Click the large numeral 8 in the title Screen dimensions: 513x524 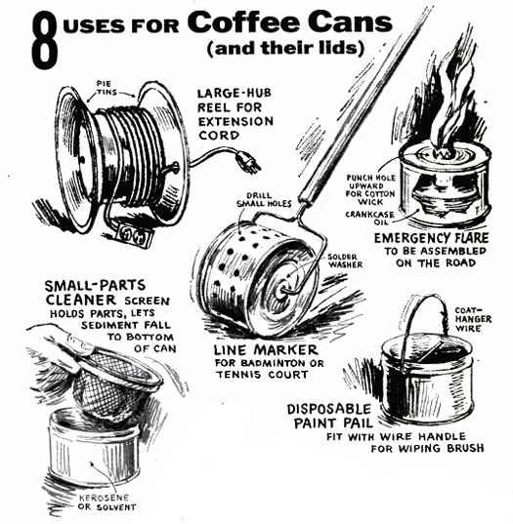coord(45,40)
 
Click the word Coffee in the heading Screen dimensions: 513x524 coord(244,22)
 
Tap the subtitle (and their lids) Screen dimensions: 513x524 coord(285,48)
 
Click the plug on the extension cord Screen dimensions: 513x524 coord(249,162)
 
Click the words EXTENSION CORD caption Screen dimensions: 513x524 coord(235,129)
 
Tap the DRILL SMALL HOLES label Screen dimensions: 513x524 coord(264,199)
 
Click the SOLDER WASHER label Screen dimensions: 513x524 coord(345,261)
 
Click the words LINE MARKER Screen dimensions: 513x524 coord(266,350)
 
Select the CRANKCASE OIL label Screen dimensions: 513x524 coord(369,218)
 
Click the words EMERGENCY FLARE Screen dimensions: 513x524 coord(431,238)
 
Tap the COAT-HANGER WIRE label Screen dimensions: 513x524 coord(473,319)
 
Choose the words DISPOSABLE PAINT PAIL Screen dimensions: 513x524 coord(329,416)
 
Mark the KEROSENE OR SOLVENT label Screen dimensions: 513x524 coord(107,502)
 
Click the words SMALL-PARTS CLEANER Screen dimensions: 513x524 coord(96,293)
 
